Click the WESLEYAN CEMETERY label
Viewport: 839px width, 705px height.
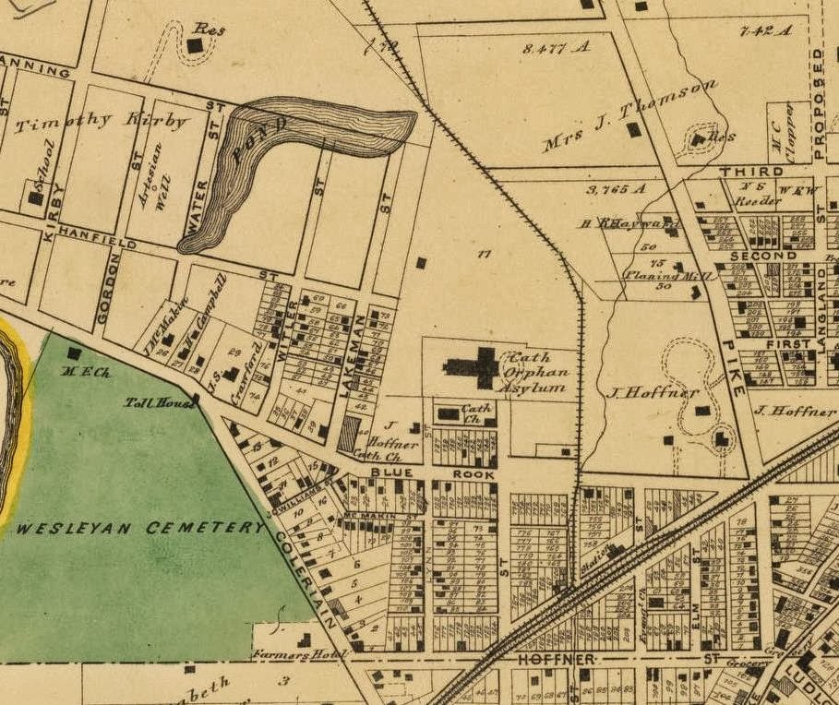140,528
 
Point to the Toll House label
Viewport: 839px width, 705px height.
157,402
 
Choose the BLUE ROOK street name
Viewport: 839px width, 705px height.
433,474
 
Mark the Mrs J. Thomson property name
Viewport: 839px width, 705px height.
629,115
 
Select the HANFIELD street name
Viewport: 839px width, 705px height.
96,238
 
